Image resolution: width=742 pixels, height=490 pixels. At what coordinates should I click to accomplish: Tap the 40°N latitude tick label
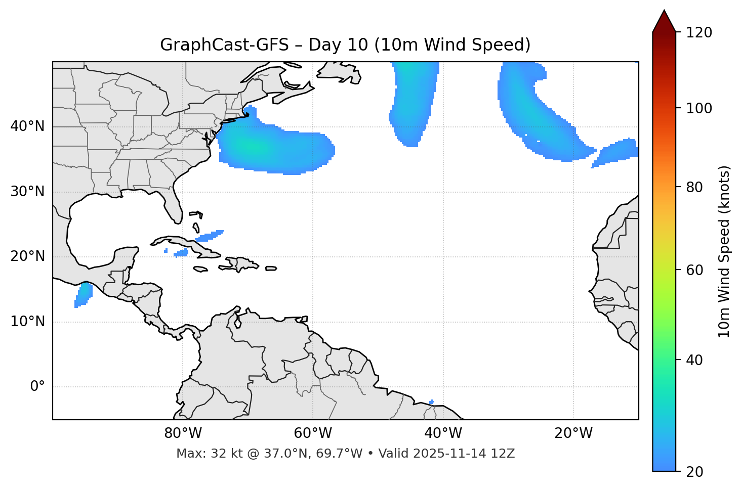click(x=27, y=126)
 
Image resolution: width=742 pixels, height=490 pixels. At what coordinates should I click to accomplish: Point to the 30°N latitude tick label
click(x=27, y=192)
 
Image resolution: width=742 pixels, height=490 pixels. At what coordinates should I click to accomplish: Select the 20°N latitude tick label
click(x=27, y=256)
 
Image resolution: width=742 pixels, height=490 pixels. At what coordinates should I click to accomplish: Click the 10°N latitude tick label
click(x=27, y=322)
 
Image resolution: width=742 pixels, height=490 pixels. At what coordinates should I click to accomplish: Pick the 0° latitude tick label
click(x=37, y=387)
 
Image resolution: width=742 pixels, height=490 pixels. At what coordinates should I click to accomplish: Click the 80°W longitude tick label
click(x=183, y=433)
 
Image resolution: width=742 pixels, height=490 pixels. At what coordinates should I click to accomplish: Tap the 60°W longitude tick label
click(x=313, y=433)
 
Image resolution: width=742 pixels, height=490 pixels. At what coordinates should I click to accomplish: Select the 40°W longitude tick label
click(x=443, y=433)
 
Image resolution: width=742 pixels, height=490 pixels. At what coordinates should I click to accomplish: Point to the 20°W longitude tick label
click(x=573, y=433)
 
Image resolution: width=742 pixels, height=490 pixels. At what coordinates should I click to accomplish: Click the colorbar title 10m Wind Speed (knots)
click(x=724, y=252)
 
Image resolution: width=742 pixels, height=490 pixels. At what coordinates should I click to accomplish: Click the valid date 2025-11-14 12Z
click(x=464, y=454)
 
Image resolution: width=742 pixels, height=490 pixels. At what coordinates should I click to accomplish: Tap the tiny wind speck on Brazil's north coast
click(x=431, y=403)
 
